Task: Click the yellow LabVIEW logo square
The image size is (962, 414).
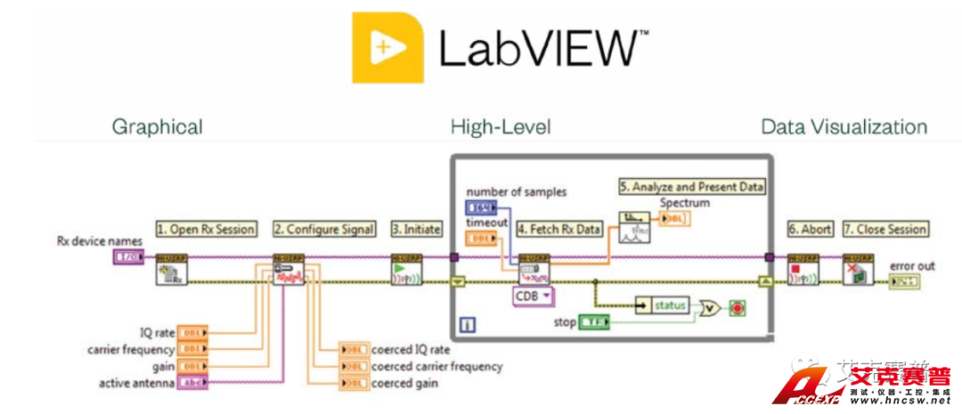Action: coord(387,47)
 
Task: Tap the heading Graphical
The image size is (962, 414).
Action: coord(157,126)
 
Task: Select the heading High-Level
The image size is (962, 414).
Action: coord(501,126)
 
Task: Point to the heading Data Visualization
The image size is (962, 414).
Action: coord(844,126)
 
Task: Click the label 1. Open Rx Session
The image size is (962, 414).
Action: coord(206,229)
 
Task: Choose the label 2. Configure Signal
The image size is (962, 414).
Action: coord(324,229)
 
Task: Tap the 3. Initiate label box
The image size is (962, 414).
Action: coord(417,229)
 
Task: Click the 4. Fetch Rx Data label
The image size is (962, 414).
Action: coord(559,229)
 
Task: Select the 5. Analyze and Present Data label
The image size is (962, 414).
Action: coord(692,186)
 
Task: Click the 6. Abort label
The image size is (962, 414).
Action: coord(809,229)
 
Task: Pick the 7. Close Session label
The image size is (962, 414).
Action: coord(885,229)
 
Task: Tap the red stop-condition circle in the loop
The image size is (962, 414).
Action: coord(737,308)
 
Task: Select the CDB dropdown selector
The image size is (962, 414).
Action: coord(533,296)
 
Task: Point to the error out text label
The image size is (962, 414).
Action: coord(912,266)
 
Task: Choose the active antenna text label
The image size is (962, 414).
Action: coord(137,383)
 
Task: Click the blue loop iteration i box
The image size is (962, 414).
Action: coord(468,325)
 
